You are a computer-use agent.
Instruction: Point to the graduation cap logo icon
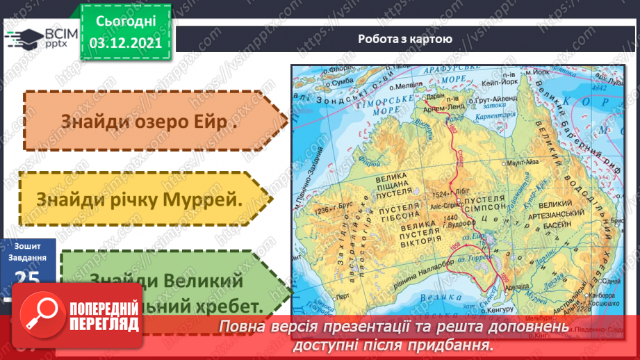coord(26,34)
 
